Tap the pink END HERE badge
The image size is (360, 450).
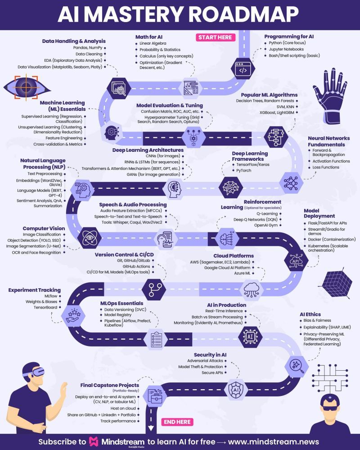tap(177, 422)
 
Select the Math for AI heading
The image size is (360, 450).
tap(149, 37)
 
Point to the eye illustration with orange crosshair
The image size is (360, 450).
tap(27, 87)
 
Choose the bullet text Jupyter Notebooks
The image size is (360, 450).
tap(286, 49)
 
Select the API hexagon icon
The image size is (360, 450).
tap(296, 261)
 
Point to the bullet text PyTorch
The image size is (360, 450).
tap(243, 170)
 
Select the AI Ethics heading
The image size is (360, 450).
tap(310, 314)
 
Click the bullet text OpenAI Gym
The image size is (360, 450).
tap(265, 225)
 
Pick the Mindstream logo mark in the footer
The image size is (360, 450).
tap(94, 442)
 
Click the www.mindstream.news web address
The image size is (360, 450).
tap(274, 442)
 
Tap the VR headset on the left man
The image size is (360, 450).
tap(35, 372)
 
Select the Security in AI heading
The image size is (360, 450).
tap(210, 355)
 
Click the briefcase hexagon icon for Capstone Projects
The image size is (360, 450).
tap(155, 396)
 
